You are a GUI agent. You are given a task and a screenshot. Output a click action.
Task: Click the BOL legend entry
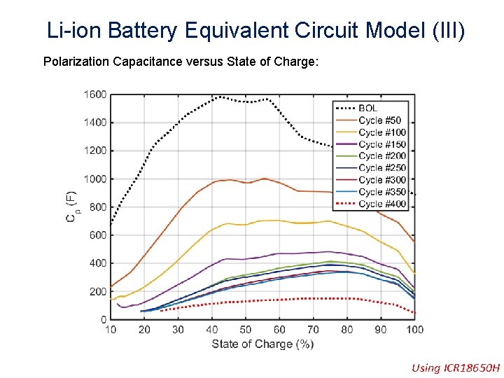[x=368, y=108]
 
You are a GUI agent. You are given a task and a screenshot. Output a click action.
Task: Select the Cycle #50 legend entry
[x=380, y=120]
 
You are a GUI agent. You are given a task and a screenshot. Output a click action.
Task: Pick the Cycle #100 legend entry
[x=382, y=132]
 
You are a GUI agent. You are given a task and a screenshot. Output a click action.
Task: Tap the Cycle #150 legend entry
[x=382, y=144]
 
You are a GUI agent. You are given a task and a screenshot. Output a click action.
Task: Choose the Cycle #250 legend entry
[x=382, y=168]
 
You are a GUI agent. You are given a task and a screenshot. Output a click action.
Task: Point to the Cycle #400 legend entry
[x=382, y=204]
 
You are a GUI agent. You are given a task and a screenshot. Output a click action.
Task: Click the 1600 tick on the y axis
[x=95, y=94]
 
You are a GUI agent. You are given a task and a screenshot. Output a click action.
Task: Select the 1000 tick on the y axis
[x=95, y=179]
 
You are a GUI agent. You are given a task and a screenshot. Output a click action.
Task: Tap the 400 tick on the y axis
[x=98, y=263]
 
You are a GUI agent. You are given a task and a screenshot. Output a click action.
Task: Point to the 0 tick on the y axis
[x=103, y=319]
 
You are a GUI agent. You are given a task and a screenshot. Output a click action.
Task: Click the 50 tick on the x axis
[x=246, y=329]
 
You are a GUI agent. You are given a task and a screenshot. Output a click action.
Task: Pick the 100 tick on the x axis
[x=414, y=329]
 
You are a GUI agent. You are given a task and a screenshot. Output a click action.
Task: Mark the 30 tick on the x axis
[x=178, y=329]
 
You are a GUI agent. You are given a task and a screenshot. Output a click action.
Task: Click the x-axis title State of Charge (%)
[x=262, y=344]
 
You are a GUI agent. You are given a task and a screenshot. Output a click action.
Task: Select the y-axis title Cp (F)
[x=72, y=207]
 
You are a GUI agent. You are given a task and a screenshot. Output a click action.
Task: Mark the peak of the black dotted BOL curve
[x=220, y=97]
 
